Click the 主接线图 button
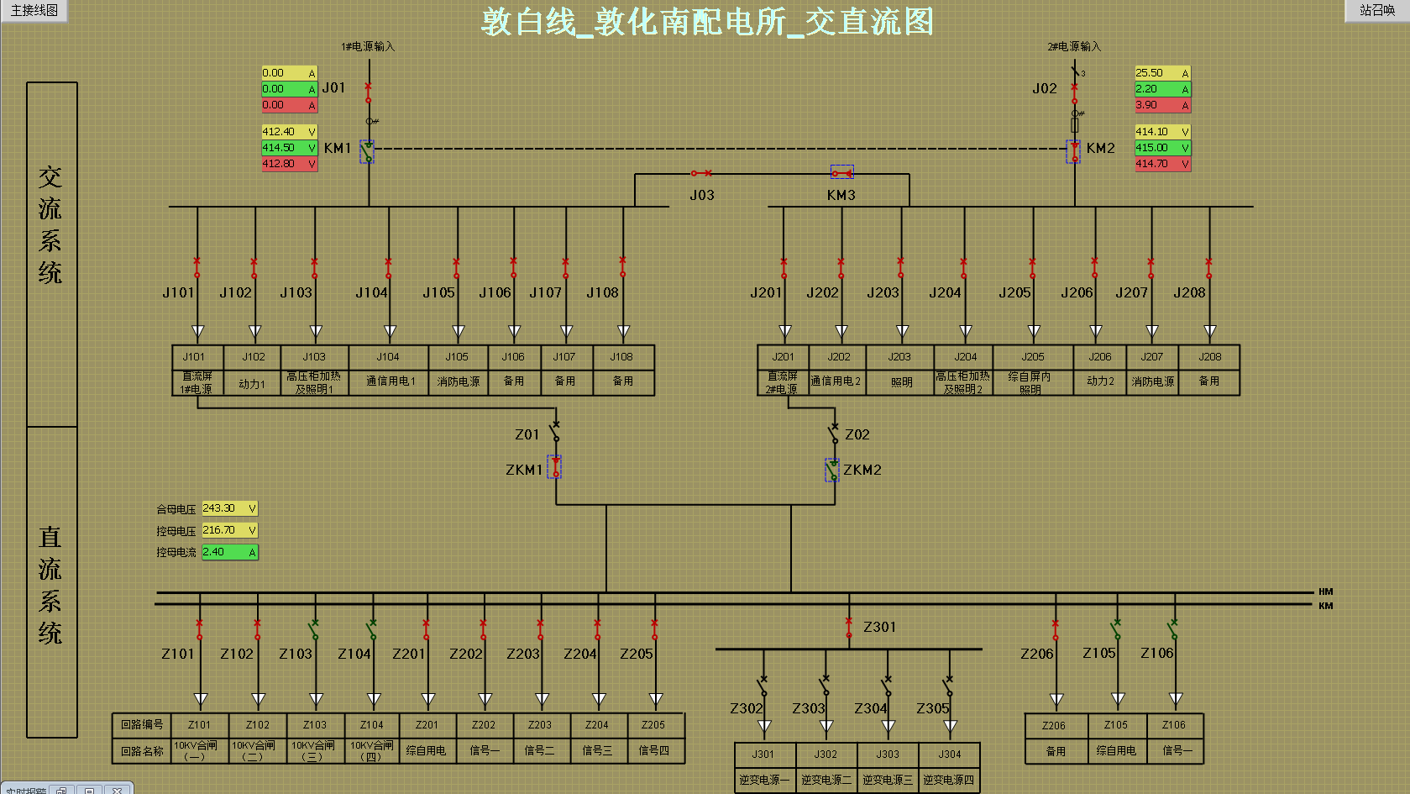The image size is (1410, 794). pyautogui.click(x=34, y=11)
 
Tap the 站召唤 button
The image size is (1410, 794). pyautogui.click(x=1376, y=11)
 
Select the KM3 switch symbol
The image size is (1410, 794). pyautogui.click(x=841, y=173)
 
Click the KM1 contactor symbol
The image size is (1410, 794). pyautogui.click(x=367, y=151)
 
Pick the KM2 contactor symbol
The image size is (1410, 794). pyautogui.click(x=1074, y=151)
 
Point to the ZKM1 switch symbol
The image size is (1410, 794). pyautogui.click(x=555, y=467)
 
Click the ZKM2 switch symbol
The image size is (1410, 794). pyautogui.click(x=832, y=470)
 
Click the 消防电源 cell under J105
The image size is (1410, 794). pyautogui.click(x=458, y=381)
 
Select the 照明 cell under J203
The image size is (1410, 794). pyautogui.click(x=901, y=381)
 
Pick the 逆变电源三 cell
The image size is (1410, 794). pyautogui.click(x=888, y=780)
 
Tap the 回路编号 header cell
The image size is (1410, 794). pyautogui.click(x=141, y=724)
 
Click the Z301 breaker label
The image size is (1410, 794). pyautogui.click(x=879, y=627)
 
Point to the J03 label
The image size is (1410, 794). pyautogui.click(x=702, y=195)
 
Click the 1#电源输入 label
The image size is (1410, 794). pyautogui.click(x=367, y=46)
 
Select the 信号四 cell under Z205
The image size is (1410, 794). pyautogui.click(x=654, y=750)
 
